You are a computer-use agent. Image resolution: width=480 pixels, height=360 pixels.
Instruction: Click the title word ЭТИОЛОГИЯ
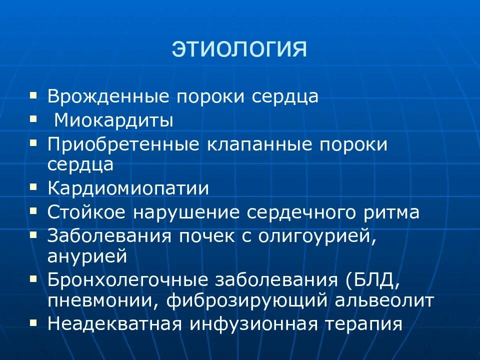pyautogui.click(x=239, y=49)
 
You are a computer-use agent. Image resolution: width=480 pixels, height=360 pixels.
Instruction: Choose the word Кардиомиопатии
pyautogui.click(x=128, y=188)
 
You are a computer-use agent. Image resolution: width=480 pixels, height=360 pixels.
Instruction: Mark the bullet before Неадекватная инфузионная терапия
pyautogui.click(x=33, y=322)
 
